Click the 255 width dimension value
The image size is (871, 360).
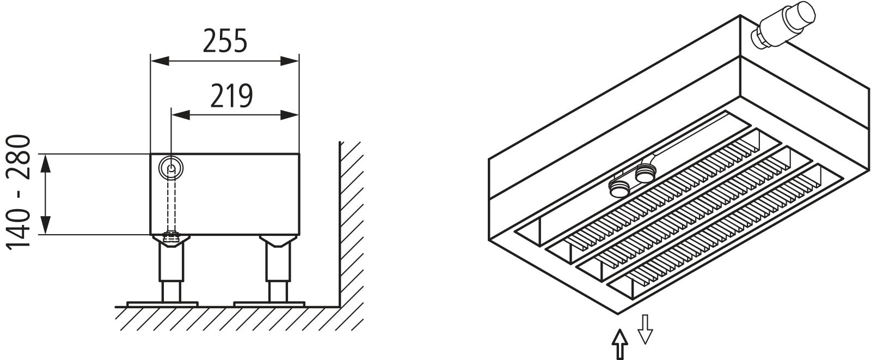[x=225, y=41]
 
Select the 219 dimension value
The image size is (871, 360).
[x=232, y=96]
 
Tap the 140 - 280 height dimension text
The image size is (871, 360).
[x=21, y=193]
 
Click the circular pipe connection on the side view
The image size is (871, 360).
[x=171, y=168]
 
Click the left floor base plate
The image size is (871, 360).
[x=162, y=303]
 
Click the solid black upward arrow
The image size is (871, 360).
[x=619, y=344]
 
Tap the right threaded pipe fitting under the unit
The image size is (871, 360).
[x=645, y=175]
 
